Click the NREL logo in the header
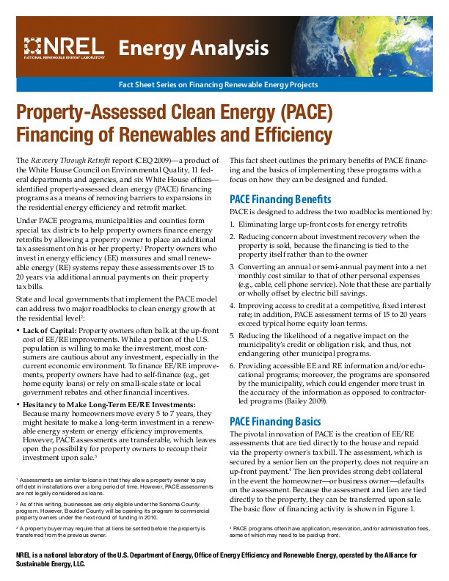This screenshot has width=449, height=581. (x=65, y=48)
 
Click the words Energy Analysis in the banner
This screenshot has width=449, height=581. (x=194, y=48)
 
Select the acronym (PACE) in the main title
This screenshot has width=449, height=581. (x=302, y=114)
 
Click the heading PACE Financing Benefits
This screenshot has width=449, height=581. (x=280, y=199)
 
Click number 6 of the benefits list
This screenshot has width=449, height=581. (x=233, y=365)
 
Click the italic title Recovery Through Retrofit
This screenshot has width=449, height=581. (x=69, y=159)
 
